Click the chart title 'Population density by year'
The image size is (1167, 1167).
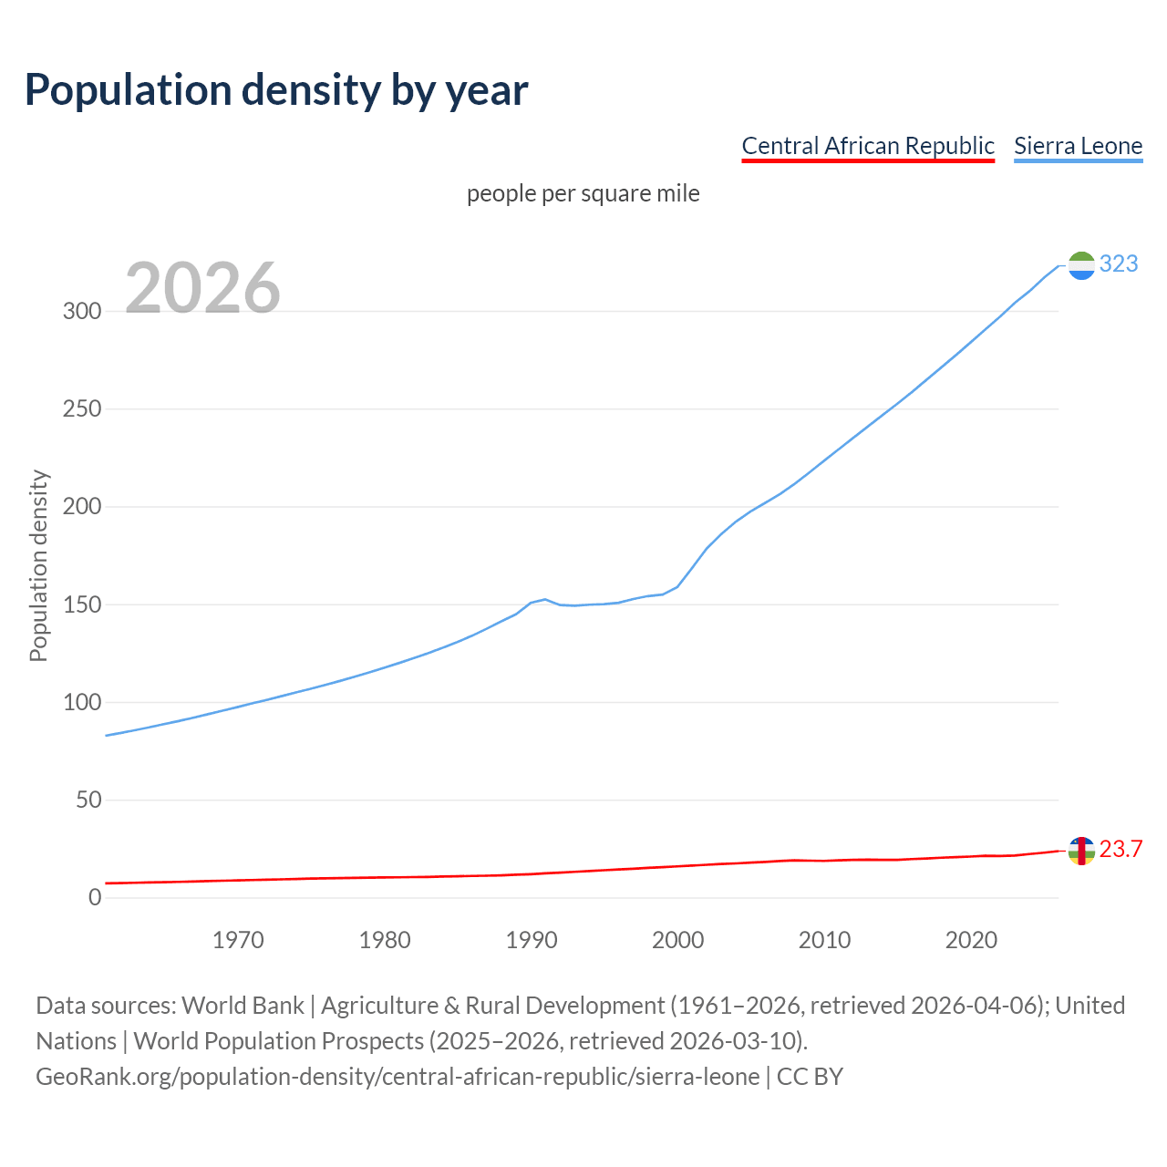click(x=276, y=90)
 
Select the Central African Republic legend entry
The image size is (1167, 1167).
click(x=867, y=146)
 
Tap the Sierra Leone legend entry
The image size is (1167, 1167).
click(x=1078, y=146)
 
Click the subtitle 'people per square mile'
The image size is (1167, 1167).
click(x=583, y=193)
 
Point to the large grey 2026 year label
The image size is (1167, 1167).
click(x=202, y=287)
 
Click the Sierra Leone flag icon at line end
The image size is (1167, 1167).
click(x=1081, y=265)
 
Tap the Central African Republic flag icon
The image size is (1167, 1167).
click(x=1081, y=851)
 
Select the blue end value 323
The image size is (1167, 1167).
click(x=1119, y=264)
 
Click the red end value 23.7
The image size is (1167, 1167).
click(x=1121, y=850)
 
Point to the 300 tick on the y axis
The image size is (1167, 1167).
click(x=81, y=311)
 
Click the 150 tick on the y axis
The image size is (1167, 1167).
click(x=81, y=604)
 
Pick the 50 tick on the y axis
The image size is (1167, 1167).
click(x=88, y=800)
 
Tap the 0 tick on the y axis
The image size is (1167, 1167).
click(x=95, y=898)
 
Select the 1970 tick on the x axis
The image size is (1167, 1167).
click(x=238, y=940)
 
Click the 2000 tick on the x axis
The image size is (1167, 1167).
click(x=677, y=940)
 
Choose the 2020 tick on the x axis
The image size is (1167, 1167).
click(x=971, y=940)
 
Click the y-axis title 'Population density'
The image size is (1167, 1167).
click(x=38, y=565)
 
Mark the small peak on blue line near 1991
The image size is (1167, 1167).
click(x=545, y=600)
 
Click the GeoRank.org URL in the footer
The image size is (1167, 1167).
click(x=398, y=1077)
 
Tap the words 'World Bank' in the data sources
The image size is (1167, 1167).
click(x=243, y=1006)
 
